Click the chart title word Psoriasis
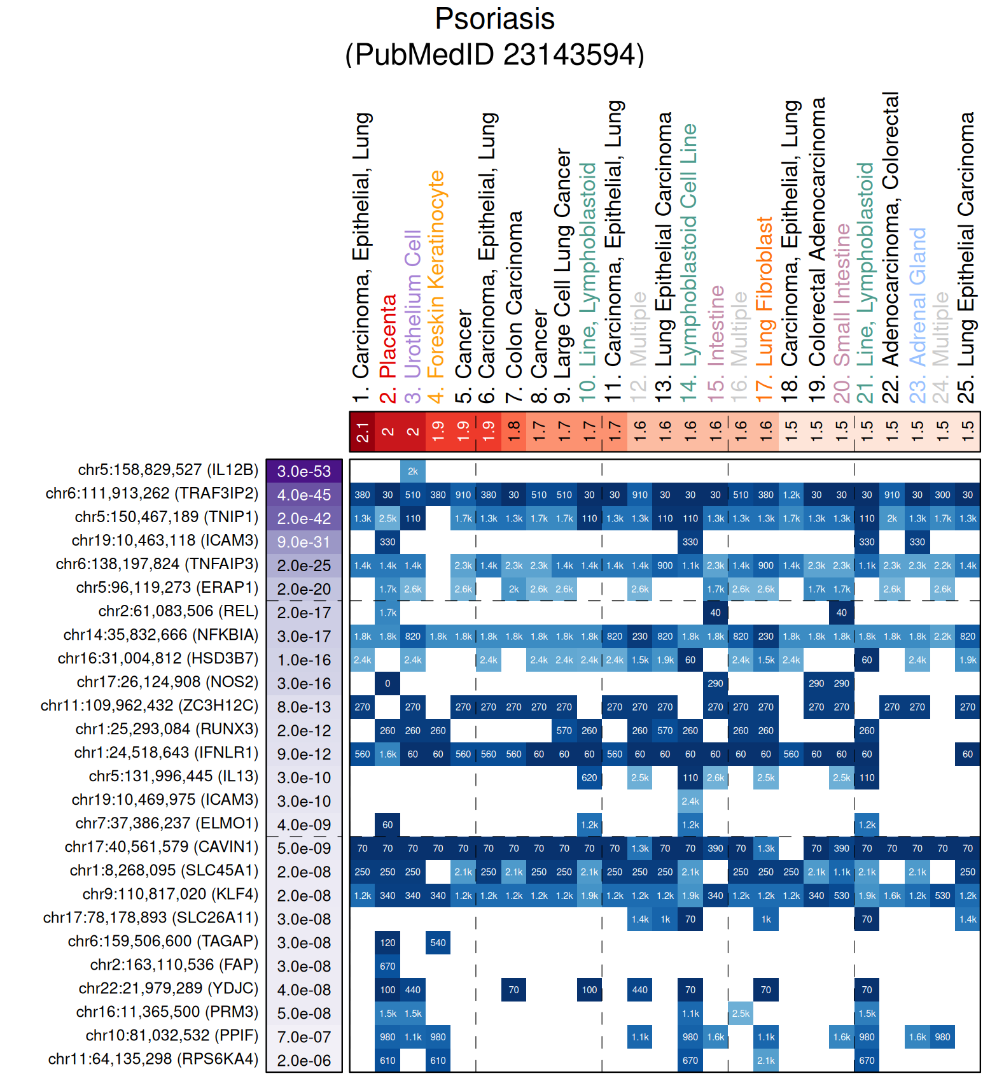(494, 18)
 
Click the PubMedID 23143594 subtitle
(494, 55)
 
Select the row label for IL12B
(168, 470)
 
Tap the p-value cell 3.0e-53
(304, 471)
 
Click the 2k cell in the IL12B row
(413, 471)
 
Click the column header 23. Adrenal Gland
(917, 315)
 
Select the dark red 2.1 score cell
(362, 432)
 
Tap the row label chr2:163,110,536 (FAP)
(174, 965)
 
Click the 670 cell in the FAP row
(387, 966)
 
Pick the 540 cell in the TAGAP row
(438, 942)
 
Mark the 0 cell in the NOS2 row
(387, 683)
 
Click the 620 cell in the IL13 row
(589, 777)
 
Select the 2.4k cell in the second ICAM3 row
(690, 801)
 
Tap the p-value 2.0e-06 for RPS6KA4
(304, 1061)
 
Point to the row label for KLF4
(170, 894)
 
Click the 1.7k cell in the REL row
(387, 612)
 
